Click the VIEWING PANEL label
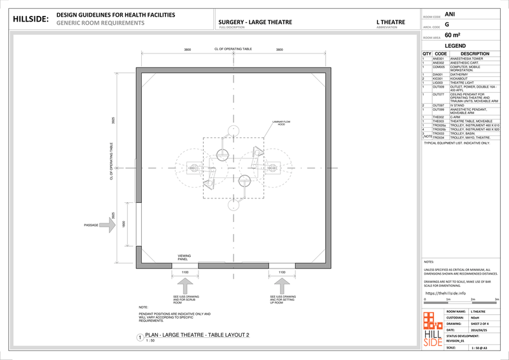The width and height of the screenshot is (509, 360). [x=184, y=258]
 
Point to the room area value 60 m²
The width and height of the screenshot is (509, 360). [x=452, y=35]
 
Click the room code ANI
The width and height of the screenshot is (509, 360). [x=450, y=13]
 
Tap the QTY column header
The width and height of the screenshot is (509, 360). [x=426, y=54]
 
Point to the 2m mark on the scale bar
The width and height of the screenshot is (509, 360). [x=472, y=299]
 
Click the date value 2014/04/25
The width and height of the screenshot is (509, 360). [x=479, y=330]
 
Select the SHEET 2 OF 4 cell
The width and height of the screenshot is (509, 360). [x=480, y=323]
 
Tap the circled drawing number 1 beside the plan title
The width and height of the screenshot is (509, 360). [x=139, y=338]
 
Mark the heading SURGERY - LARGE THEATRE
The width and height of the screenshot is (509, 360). [x=255, y=22]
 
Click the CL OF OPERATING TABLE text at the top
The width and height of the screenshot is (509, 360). [x=234, y=49]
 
